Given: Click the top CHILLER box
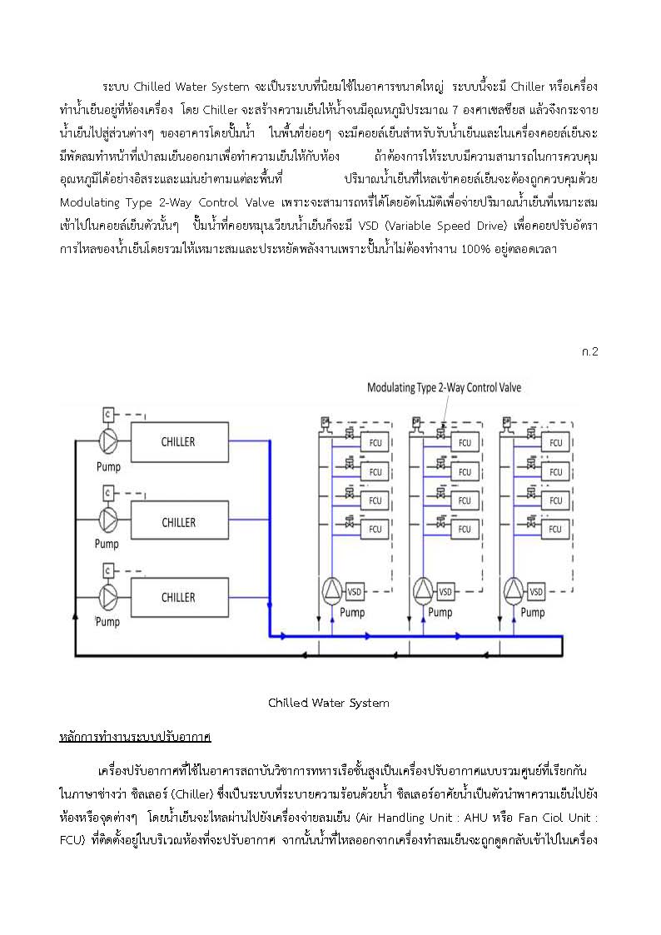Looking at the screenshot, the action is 180,442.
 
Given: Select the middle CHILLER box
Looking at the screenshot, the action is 180,522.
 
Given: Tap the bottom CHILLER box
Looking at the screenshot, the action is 180,598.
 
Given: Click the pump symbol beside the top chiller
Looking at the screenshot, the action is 108,442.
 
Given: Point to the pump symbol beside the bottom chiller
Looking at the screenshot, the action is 108,596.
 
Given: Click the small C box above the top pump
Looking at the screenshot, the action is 108,414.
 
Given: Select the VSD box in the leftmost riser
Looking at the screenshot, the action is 355,591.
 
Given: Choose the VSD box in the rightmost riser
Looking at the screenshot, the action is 536,591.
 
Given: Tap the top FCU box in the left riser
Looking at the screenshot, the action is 375,442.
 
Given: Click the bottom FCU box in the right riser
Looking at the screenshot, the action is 555,529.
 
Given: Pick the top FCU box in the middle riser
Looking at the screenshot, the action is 465,442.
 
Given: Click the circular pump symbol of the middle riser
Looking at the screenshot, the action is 423,590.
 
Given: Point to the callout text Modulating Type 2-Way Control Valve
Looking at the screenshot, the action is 444,388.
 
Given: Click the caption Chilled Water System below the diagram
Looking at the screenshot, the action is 328,703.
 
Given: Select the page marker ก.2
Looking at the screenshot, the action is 589,352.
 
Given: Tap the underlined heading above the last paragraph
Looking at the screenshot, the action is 136,737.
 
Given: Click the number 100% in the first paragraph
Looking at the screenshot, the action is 475,249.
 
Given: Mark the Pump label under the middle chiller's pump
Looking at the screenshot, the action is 107,544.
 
